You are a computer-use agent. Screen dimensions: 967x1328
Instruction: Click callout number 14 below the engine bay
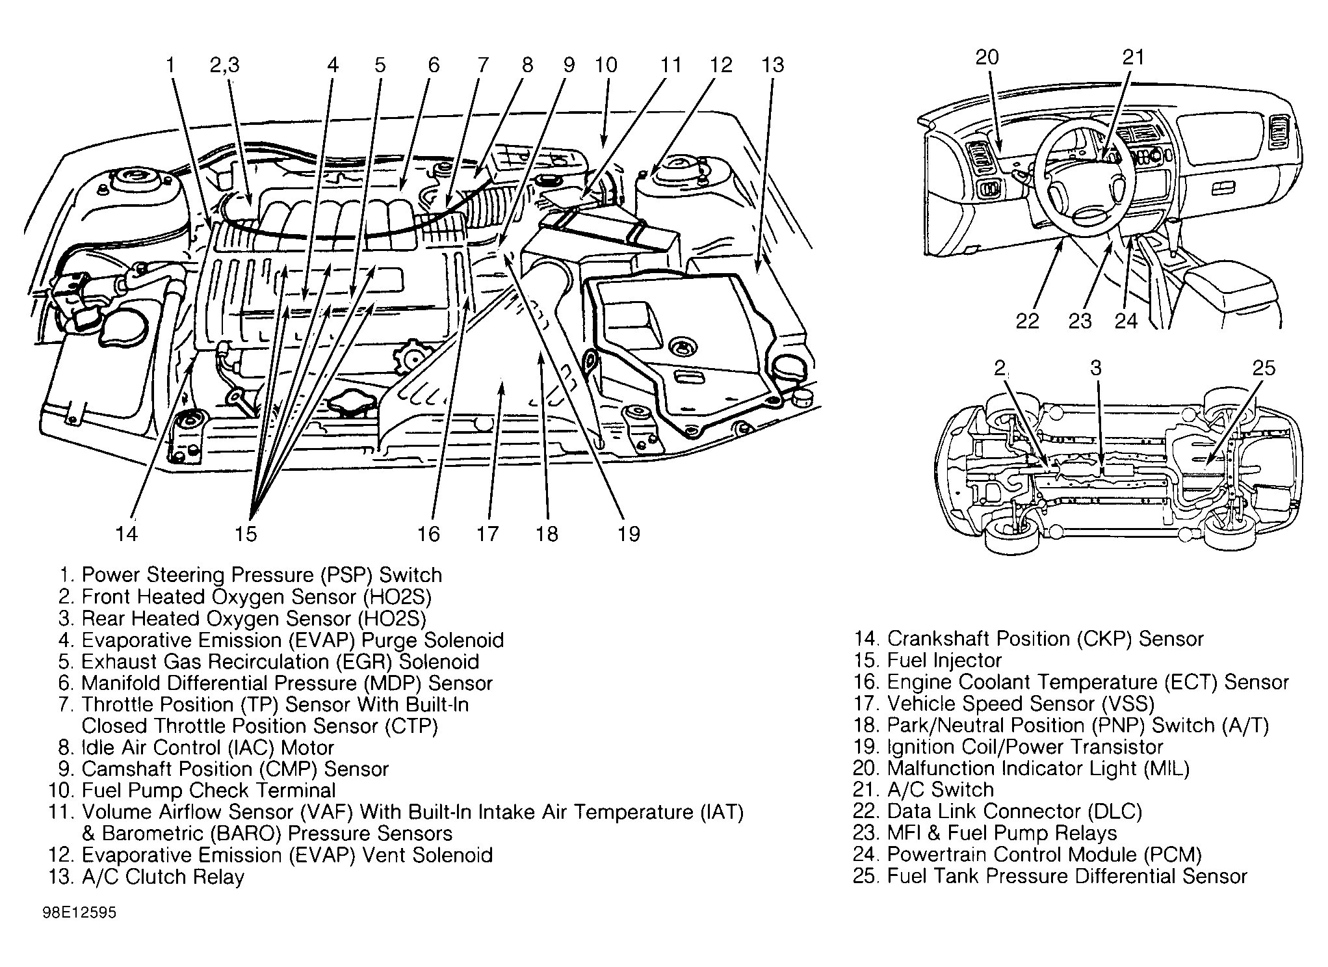point(127,534)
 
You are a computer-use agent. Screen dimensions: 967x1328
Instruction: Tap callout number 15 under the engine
point(246,534)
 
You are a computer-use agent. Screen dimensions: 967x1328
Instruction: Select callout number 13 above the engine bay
point(773,64)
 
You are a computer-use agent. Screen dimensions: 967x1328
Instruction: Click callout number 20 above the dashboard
point(987,57)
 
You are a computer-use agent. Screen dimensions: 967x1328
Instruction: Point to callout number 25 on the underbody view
point(1264,368)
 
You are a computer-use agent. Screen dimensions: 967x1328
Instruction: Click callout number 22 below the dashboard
point(1028,321)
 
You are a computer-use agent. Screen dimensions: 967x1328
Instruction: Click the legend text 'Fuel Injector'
point(944,661)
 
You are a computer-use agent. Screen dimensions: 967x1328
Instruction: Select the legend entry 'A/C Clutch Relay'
point(163,877)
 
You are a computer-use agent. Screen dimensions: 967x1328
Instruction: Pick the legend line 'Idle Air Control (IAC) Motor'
point(207,748)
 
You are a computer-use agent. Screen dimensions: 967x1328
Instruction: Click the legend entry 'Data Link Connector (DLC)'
point(1014,812)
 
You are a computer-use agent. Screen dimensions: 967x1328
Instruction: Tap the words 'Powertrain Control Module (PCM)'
point(1044,854)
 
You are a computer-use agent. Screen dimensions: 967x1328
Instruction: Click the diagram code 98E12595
point(79,912)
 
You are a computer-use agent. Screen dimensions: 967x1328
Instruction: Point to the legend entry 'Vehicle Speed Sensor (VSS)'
point(1021,704)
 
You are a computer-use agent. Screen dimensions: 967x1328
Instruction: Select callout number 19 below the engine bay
point(629,534)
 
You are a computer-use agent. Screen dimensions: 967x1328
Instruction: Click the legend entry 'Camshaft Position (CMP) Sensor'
point(235,769)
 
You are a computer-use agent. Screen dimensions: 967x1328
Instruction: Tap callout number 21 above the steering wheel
point(1133,57)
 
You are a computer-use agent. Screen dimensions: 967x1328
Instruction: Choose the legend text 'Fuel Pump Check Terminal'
point(208,791)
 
